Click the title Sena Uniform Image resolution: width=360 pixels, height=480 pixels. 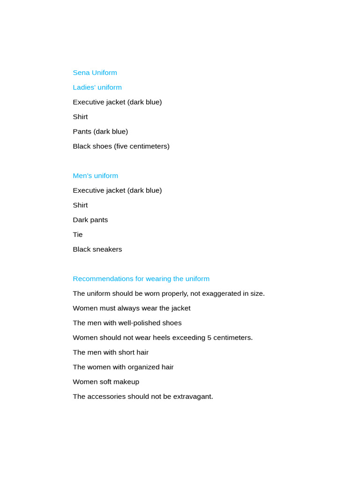pos(95,73)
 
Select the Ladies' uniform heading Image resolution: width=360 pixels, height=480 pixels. pos(97,87)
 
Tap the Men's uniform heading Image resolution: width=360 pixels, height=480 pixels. pos(95,176)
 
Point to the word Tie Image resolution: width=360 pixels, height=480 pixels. pos(77,234)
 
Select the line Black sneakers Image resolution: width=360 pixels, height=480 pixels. pos(97,249)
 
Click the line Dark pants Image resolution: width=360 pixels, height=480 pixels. pos(90,220)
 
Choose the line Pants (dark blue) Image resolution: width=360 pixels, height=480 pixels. pos(100,132)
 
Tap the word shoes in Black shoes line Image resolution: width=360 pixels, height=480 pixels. pos(103,146)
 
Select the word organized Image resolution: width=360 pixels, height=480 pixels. pos(144,367)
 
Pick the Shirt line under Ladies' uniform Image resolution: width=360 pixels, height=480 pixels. pos(80,117)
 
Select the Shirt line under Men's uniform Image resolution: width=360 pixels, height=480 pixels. pos(80,205)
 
